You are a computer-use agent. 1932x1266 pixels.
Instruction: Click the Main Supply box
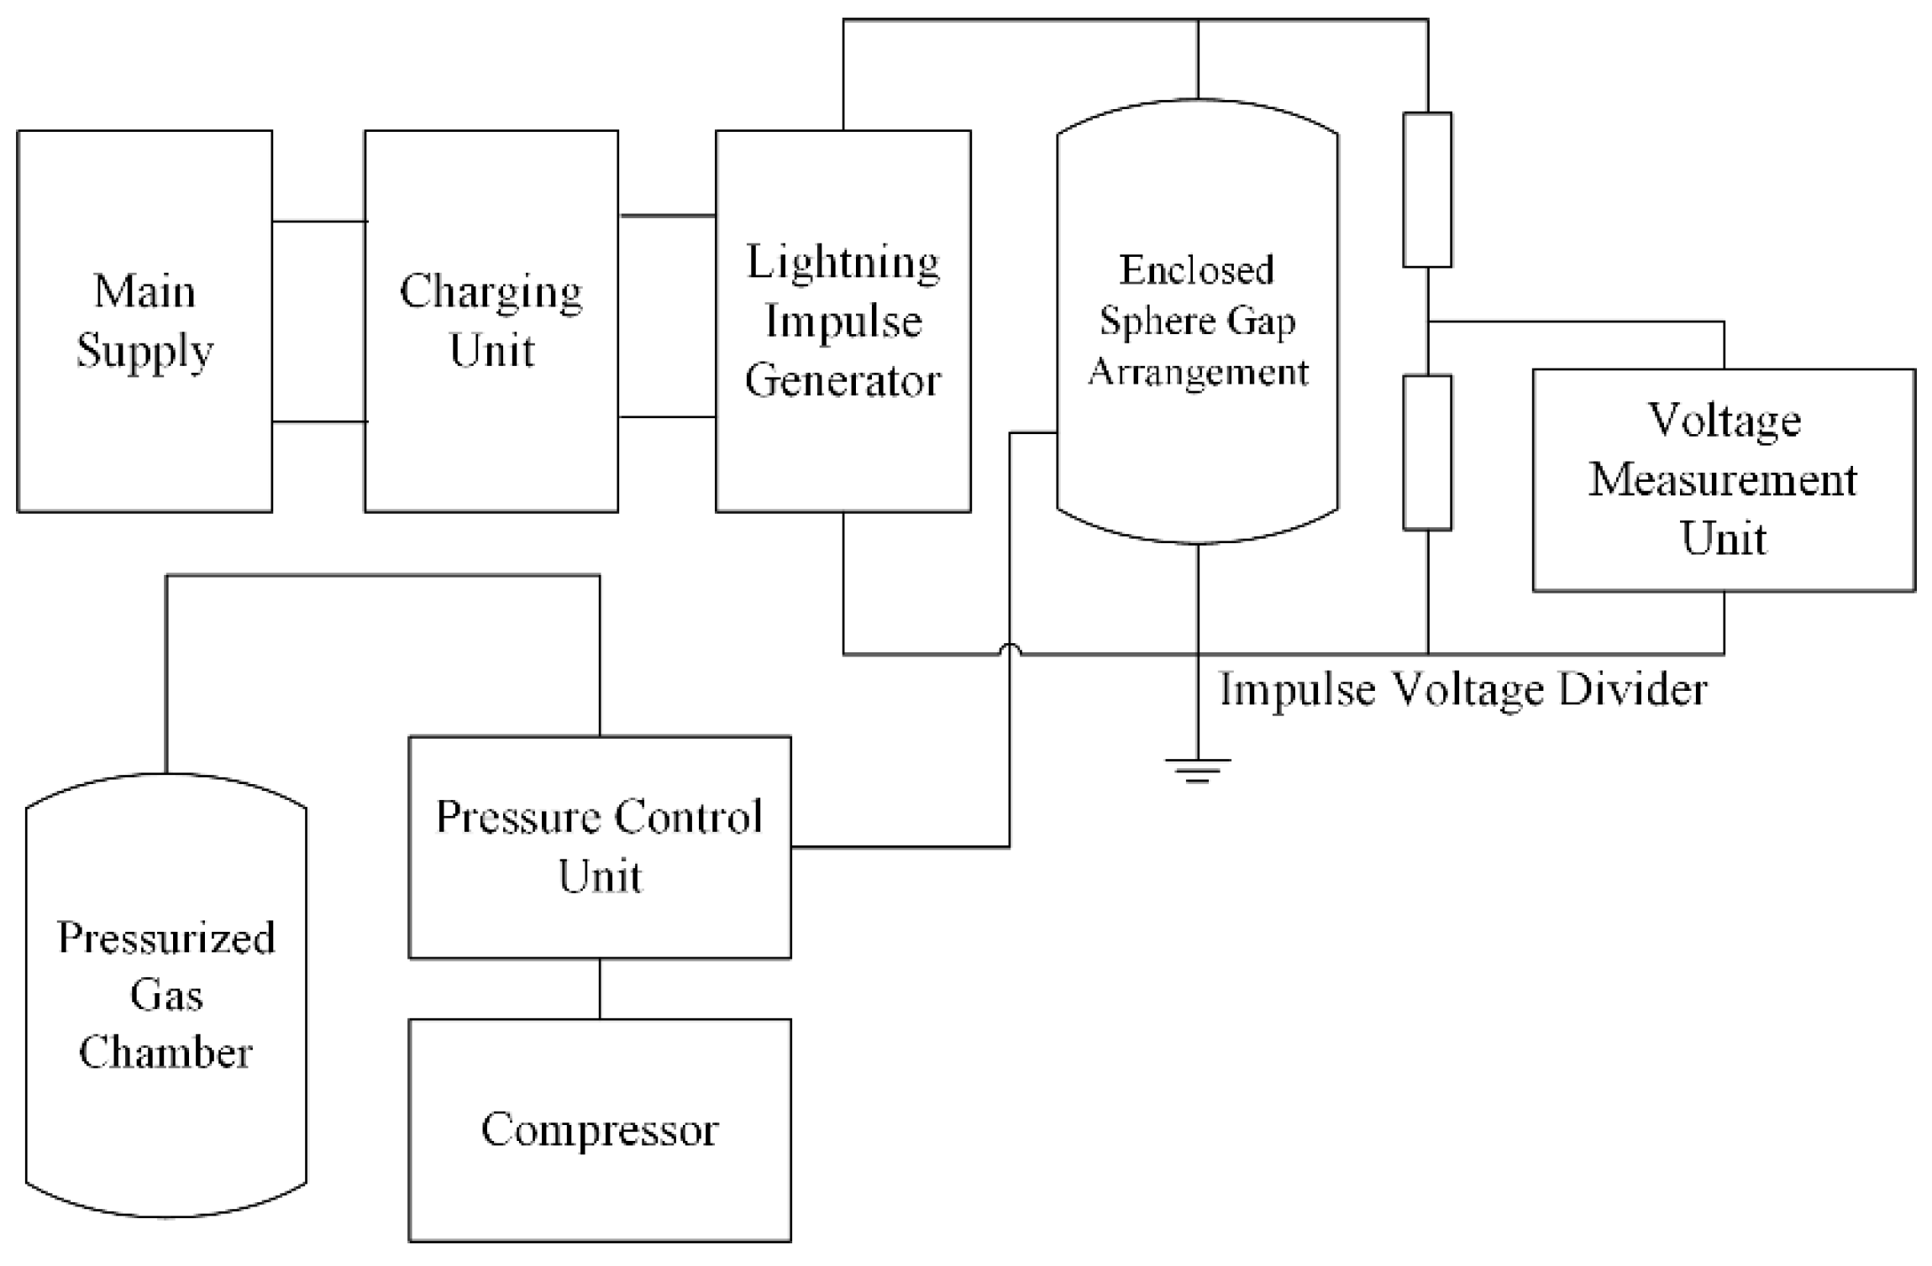144,321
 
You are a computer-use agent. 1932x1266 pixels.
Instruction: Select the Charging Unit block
491,321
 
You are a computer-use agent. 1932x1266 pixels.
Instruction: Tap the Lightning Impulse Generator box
843,321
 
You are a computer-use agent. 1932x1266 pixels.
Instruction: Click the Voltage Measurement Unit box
1723,479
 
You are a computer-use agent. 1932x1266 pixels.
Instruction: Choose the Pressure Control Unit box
599,846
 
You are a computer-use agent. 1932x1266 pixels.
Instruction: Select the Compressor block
599,1129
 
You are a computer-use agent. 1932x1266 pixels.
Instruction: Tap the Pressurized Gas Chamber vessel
165,995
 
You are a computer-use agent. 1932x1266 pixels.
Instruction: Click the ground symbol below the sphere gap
1197,769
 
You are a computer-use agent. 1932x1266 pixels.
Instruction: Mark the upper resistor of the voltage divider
1427,190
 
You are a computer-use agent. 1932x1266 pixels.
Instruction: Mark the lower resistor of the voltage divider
1427,453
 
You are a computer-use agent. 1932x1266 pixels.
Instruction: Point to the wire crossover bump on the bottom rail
1010,649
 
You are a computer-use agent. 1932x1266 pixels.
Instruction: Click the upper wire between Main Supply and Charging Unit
318,222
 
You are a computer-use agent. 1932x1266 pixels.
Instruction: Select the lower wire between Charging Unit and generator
667,416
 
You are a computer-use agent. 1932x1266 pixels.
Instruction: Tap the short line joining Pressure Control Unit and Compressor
600,988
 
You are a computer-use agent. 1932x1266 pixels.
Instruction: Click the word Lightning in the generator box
843,263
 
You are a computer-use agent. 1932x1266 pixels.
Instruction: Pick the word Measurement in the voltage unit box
1723,480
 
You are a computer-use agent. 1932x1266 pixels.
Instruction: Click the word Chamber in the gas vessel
165,1053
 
